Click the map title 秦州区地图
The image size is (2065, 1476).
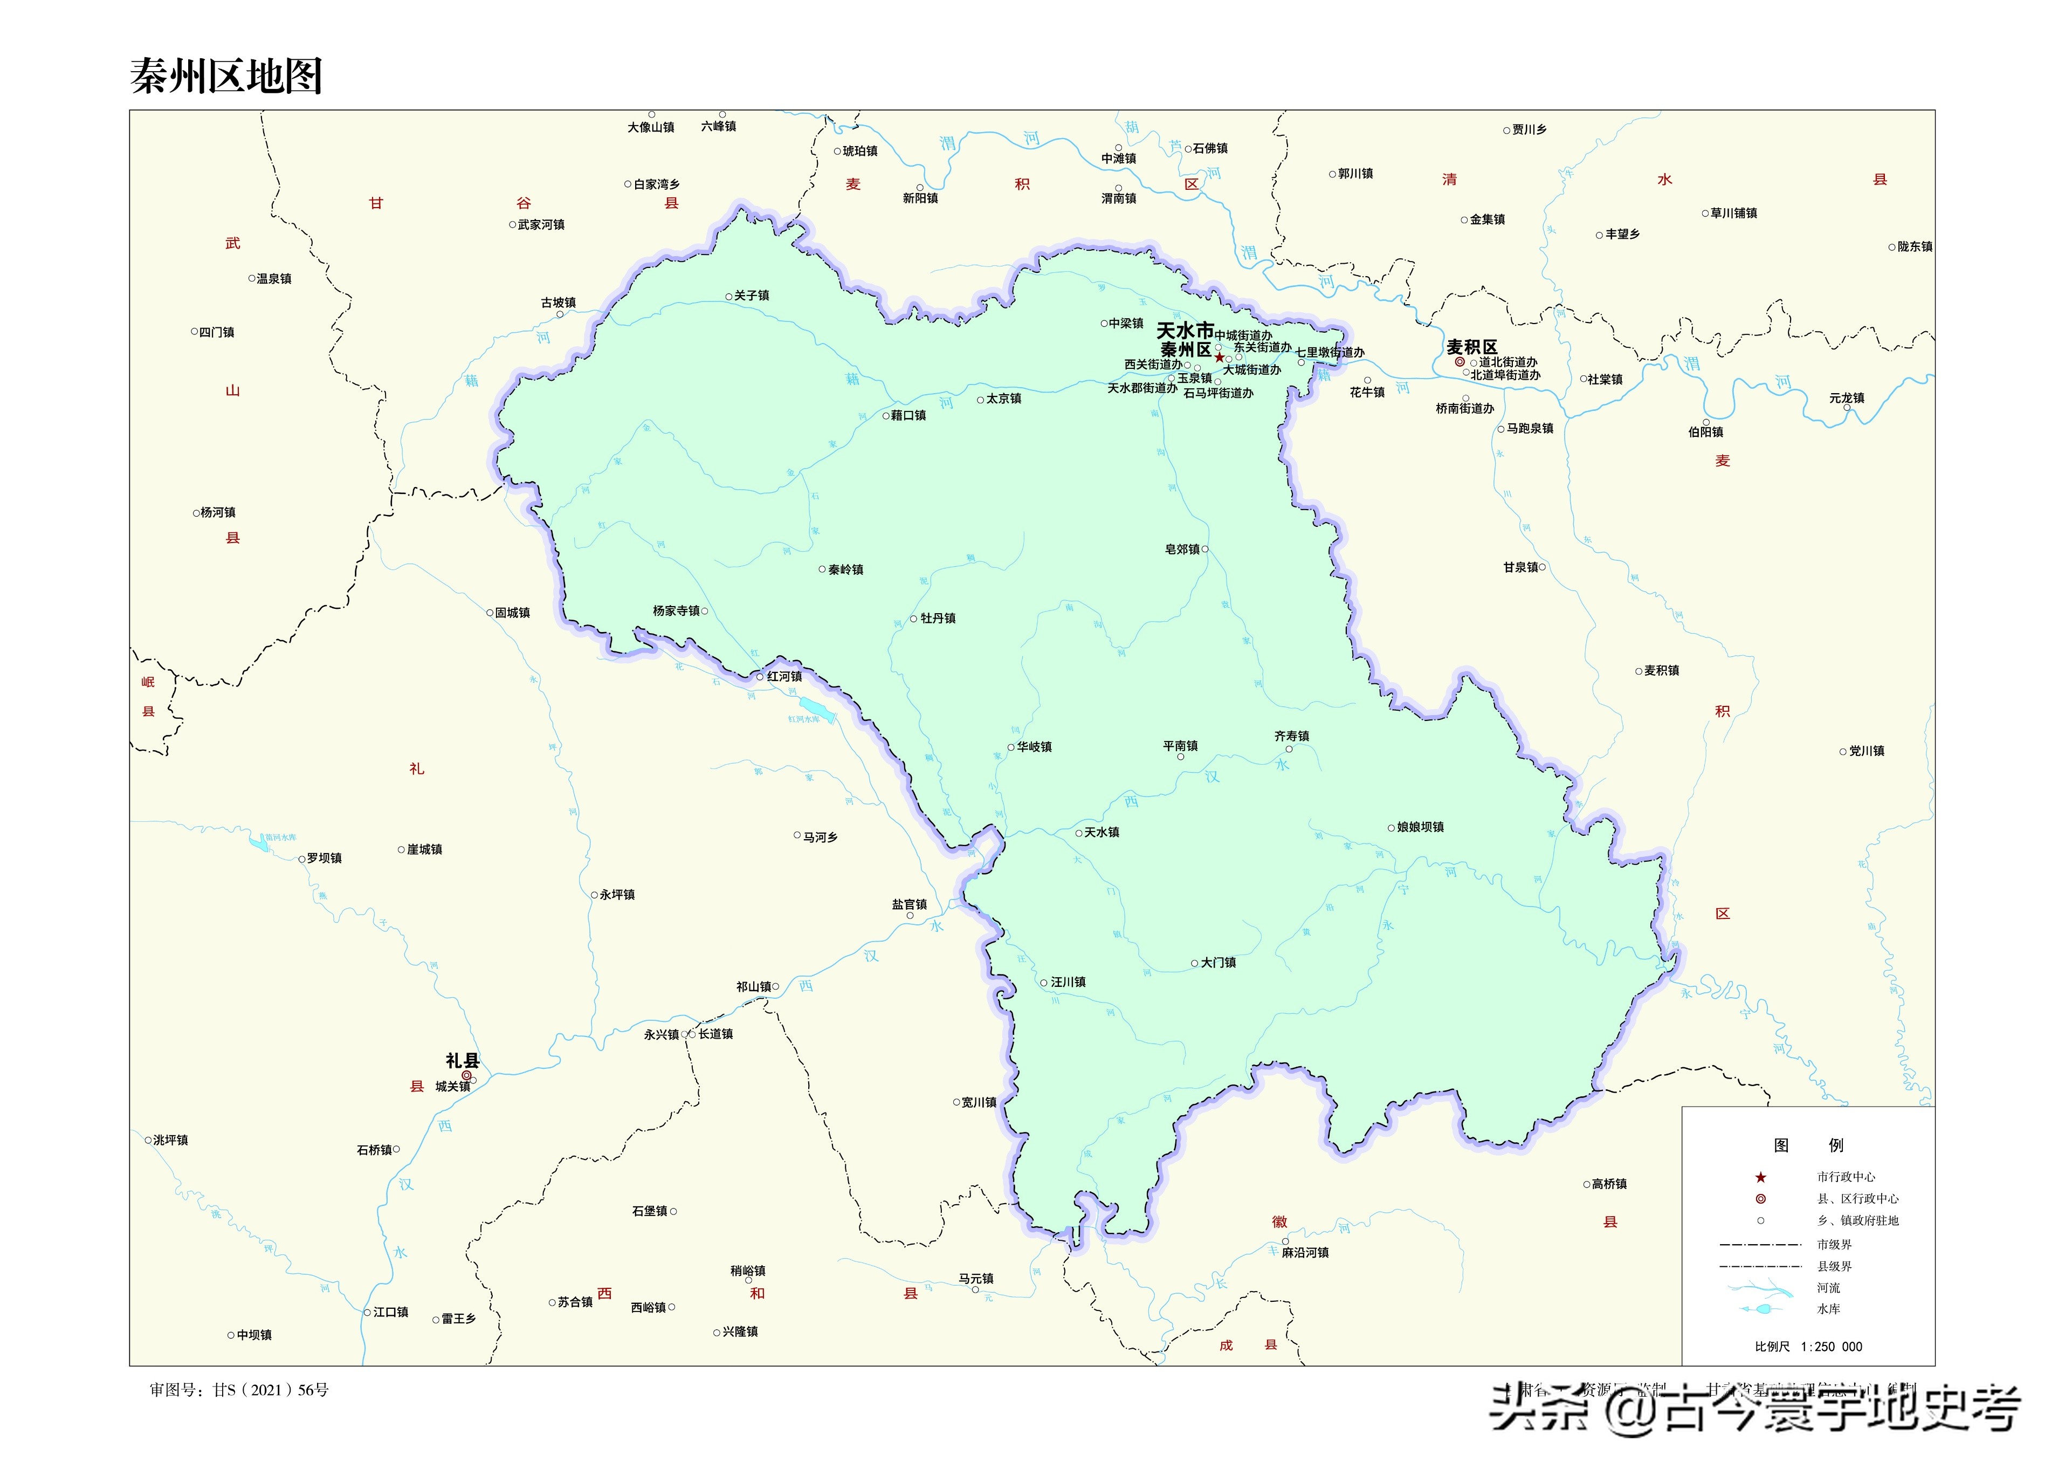226,77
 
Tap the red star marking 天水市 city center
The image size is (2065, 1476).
1219,357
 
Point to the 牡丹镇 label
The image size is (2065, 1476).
938,618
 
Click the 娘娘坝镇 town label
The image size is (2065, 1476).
1420,827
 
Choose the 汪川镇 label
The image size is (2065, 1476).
1069,983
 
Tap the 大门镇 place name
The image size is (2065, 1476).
1219,963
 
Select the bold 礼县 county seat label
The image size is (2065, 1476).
463,1061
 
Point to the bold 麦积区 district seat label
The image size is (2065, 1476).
1472,347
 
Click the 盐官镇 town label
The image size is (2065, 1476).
910,904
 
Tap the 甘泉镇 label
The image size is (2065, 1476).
1521,567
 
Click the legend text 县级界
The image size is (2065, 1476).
1834,1266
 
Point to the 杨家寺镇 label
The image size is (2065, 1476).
676,611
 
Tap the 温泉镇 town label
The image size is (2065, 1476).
273,279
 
